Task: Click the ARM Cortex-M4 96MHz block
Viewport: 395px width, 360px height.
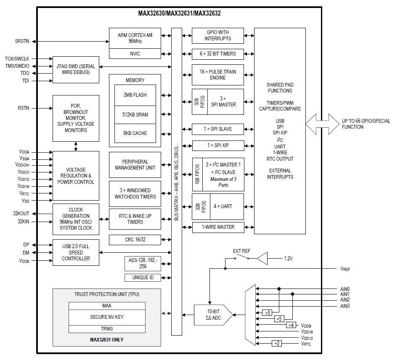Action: click(135, 38)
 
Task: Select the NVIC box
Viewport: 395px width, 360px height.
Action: click(135, 54)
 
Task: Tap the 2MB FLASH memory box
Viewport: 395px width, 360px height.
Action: click(135, 95)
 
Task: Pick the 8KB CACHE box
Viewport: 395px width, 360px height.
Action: click(135, 133)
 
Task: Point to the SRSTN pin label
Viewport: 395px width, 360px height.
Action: click(22, 41)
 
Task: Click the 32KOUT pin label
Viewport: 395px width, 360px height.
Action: click(21, 214)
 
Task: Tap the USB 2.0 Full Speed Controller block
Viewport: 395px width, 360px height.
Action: click(76, 252)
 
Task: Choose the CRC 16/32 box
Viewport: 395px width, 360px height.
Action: click(135, 240)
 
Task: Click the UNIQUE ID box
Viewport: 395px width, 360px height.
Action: click(143, 278)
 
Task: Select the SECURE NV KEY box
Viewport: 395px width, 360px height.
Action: click(107, 317)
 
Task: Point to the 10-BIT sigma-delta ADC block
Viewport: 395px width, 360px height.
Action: click(212, 315)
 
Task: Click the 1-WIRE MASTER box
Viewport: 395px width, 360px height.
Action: click(218, 227)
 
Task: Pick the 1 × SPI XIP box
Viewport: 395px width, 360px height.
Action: click(218, 146)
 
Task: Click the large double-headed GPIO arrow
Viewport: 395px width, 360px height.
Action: click(322, 124)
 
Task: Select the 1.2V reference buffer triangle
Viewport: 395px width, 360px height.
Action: click(262, 258)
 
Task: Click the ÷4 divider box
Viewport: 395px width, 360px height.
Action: click(292, 325)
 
